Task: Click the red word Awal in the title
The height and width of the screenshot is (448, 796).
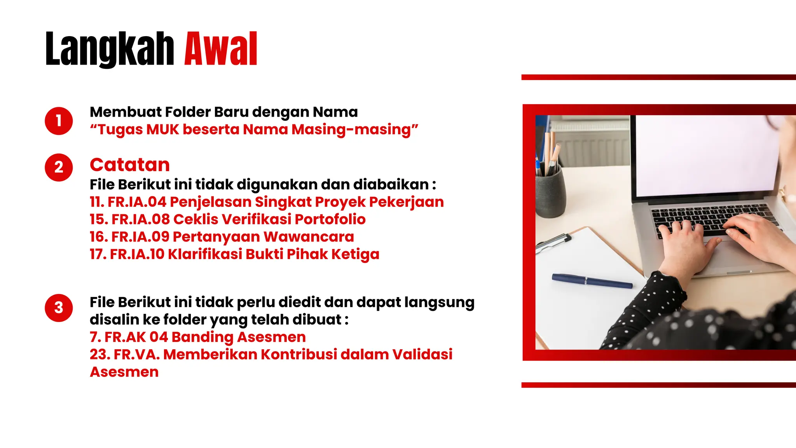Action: (221, 49)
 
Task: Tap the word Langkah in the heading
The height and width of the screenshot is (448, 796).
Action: (110, 49)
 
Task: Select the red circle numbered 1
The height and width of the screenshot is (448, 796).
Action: (59, 121)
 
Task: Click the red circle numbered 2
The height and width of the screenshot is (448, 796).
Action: (59, 167)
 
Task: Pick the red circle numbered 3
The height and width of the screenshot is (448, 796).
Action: (59, 308)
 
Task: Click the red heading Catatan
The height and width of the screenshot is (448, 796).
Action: (130, 165)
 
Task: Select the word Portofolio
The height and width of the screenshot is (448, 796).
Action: (330, 219)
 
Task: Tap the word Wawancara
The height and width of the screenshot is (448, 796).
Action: (309, 237)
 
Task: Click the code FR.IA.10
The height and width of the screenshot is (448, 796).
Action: (137, 254)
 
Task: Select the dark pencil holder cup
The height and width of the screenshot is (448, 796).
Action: (550, 194)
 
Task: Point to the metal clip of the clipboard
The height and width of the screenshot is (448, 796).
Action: (554, 240)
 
